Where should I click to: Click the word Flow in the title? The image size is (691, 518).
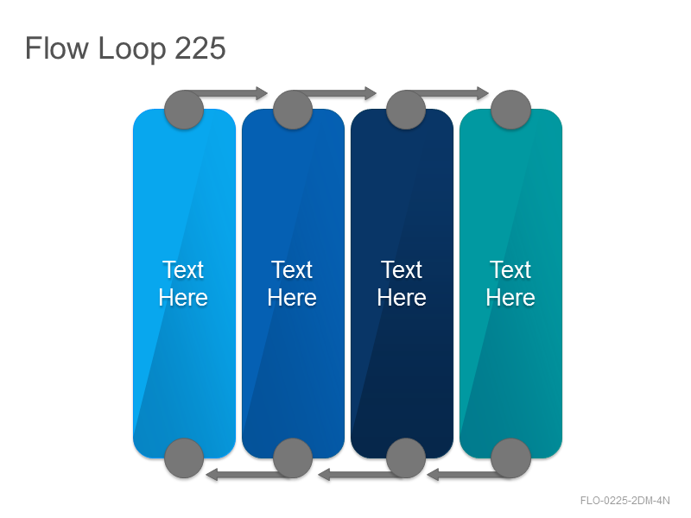point(57,48)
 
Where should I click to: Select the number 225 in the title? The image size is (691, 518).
point(200,48)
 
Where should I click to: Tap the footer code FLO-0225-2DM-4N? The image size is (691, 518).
point(624,501)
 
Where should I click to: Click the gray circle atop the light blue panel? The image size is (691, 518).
point(184,110)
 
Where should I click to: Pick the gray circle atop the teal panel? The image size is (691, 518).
point(510,110)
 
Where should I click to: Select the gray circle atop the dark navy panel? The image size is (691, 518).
point(406,110)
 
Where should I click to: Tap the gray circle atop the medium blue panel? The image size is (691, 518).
point(293,110)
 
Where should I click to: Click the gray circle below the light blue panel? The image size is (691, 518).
point(184,458)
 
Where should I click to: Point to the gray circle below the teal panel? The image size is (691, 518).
point(510,458)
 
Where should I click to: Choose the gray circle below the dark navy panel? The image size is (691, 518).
point(406,458)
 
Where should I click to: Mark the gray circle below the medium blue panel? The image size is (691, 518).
point(293,458)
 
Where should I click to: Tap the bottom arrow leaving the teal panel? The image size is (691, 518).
point(467,474)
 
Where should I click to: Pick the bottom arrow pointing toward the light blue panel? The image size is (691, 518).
point(246,474)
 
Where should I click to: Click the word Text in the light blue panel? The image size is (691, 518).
point(183,269)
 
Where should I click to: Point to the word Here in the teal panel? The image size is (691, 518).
point(510,298)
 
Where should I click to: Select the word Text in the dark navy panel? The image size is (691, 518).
point(402,269)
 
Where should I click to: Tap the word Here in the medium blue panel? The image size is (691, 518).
point(292,298)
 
